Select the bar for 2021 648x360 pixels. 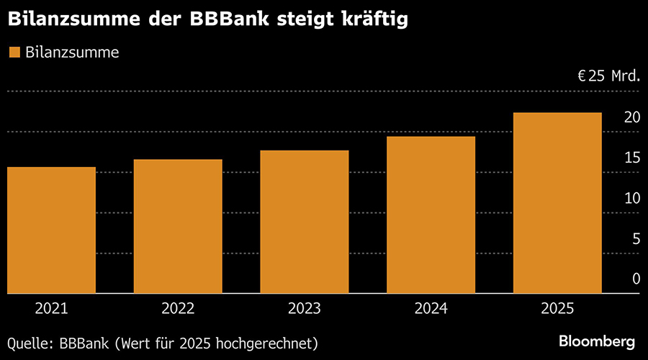point(51,230)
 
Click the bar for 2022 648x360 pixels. point(178,226)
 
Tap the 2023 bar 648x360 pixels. point(304,222)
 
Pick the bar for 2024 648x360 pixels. point(431,215)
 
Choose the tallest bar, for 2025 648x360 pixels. point(557,203)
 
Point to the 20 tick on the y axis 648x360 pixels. point(631,117)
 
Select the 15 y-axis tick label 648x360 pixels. point(631,158)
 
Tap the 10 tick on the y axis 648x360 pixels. point(631,198)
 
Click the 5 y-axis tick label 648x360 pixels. point(636,238)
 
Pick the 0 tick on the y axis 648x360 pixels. point(636,279)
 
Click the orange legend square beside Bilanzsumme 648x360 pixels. point(14,52)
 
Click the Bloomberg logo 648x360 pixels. point(597,340)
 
